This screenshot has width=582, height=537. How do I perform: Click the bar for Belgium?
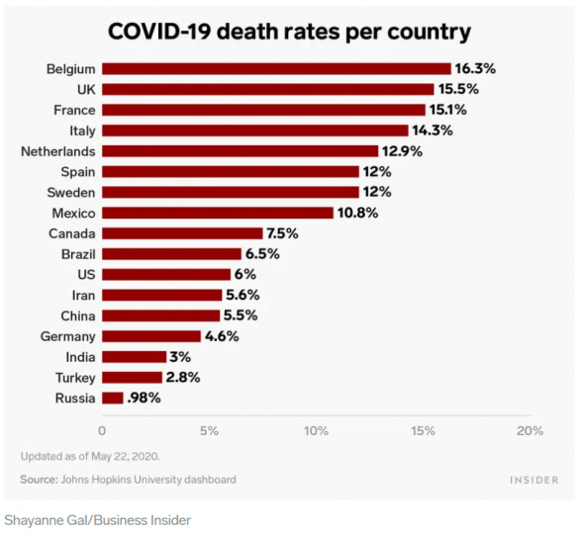276,69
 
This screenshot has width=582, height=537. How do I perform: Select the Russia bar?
113,399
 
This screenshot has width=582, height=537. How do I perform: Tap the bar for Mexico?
218,213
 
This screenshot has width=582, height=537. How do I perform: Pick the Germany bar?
151,336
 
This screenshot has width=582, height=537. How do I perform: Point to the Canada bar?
182,233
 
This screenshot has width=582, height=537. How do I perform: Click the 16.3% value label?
475,69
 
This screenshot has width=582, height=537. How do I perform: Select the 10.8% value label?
357,213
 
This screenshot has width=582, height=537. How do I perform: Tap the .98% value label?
144,399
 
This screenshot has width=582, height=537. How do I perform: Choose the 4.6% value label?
222,336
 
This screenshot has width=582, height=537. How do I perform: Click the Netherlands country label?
58,151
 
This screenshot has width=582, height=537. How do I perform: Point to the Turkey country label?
75,378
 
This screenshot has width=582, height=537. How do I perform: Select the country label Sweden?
71,193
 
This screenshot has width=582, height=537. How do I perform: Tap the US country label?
86,275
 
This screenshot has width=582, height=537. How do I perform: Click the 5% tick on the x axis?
209,431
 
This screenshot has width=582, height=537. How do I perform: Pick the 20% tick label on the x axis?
531,431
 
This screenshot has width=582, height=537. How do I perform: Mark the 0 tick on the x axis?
102,431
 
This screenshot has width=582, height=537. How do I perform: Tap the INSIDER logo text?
534,481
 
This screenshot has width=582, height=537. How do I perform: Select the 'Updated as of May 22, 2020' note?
90,456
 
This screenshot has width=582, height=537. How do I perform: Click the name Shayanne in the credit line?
33,520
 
